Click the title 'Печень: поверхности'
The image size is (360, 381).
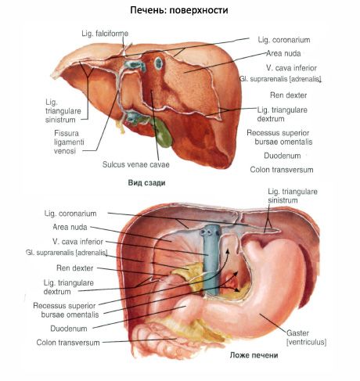[179, 10]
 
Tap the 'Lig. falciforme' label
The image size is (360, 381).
[105, 34]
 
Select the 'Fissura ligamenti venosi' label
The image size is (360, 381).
[69, 142]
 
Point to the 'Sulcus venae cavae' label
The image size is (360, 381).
[136, 164]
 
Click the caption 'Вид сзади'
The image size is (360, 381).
[146, 183]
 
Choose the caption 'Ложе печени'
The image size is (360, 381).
[254, 355]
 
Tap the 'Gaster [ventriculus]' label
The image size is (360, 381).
[306, 337]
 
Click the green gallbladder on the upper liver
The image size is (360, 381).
[162, 134]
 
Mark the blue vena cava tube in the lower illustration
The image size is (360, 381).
[211, 260]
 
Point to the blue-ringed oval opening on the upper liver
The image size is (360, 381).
[158, 63]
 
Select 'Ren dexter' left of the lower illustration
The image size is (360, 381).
[75, 268]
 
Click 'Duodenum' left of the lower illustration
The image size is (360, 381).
[69, 329]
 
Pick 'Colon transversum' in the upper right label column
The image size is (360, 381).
[282, 170]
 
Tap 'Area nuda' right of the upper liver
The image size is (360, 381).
[283, 53]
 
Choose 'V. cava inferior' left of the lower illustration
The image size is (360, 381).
[77, 242]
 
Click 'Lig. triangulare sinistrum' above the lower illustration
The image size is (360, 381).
[293, 196]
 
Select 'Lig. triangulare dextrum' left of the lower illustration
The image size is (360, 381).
[69, 287]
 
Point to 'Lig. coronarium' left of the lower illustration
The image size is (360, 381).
[70, 214]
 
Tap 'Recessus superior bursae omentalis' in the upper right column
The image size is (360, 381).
[279, 137]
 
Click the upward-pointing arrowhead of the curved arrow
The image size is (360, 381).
[228, 251]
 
